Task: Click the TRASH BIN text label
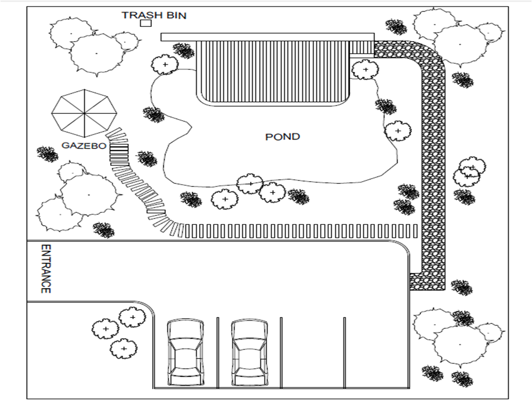click(x=154, y=16)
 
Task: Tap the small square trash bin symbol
click(x=146, y=23)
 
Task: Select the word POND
click(x=282, y=137)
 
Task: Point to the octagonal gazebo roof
click(x=84, y=112)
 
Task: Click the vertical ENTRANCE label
click(x=46, y=269)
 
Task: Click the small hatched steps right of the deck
click(x=361, y=48)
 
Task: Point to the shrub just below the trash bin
click(x=183, y=51)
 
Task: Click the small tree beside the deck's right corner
click(x=365, y=70)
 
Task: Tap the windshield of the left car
click(x=185, y=343)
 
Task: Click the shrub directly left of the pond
click(x=153, y=114)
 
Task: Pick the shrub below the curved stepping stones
click(x=104, y=230)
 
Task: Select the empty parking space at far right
click(x=376, y=353)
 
